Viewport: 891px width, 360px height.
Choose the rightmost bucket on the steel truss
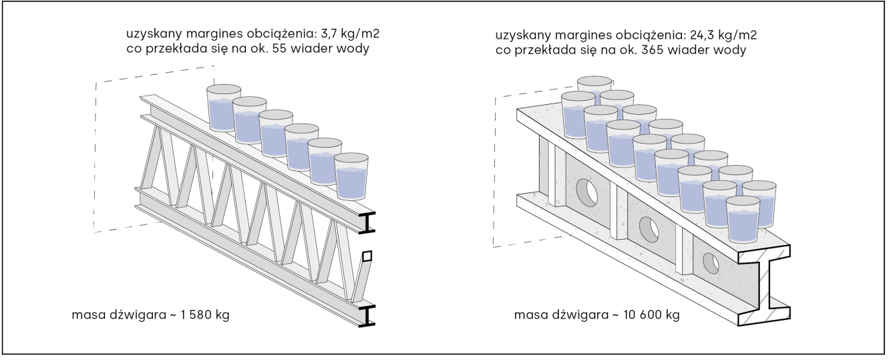click(351, 176)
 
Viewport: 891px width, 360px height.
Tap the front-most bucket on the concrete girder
click(743, 220)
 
